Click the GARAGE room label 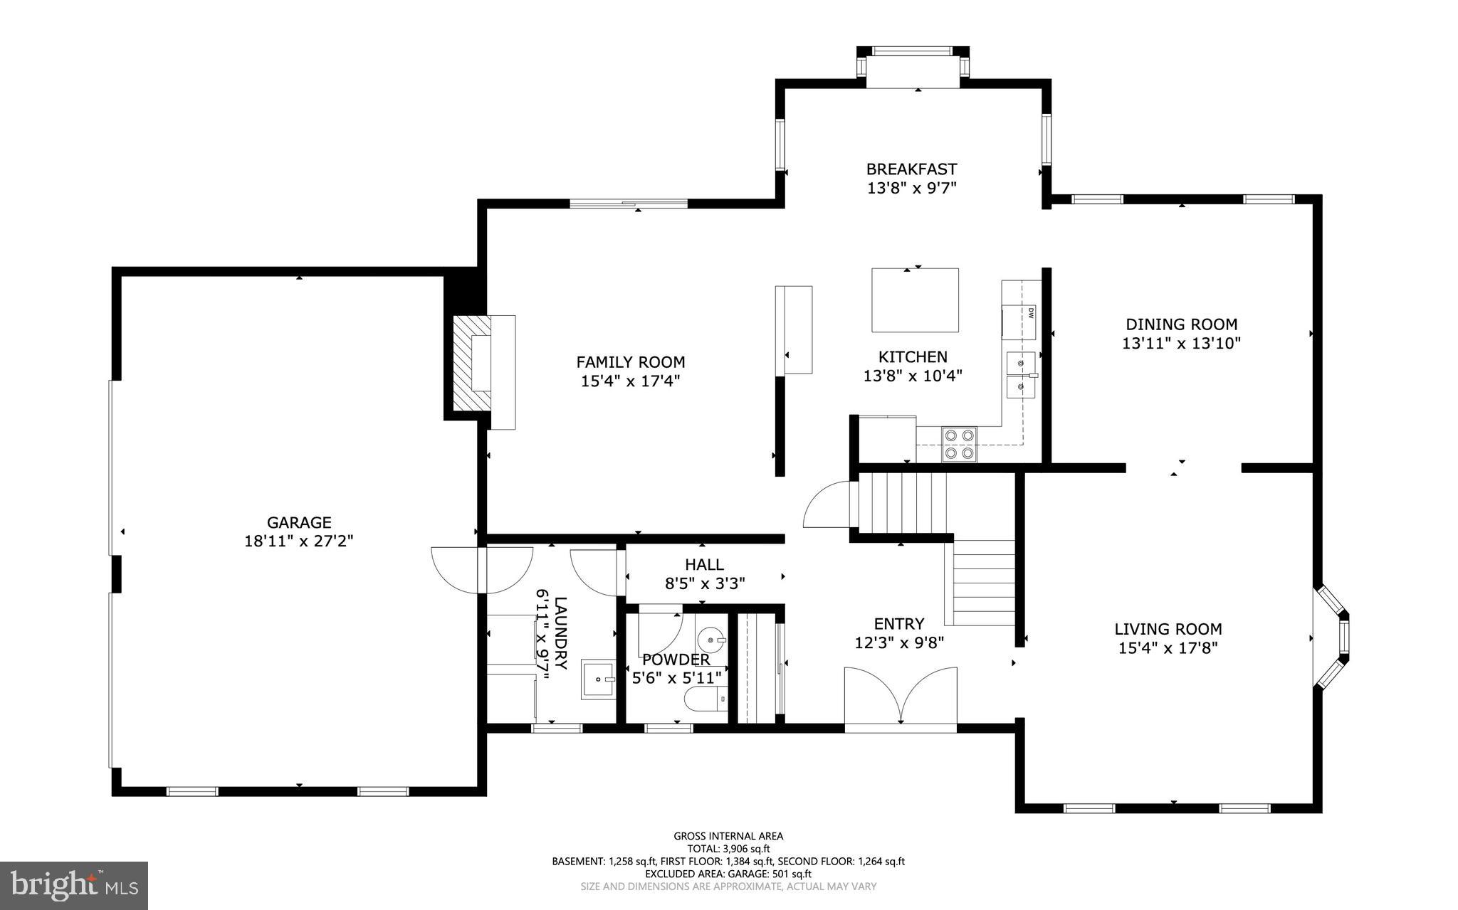(x=299, y=523)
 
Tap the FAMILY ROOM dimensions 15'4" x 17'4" (x=630, y=381)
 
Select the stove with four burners (x=960, y=444)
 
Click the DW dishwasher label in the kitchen (x=1030, y=312)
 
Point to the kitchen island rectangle (x=915, y=300)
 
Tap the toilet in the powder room (x=705, y=699)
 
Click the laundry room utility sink (x=598, y=679)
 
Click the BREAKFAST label (x=911, y=169)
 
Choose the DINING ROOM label (x=1181, y=324)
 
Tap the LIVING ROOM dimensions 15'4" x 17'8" (x=1168, y=648)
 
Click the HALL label (x=704, y=565)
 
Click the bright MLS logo (x=73, y=885)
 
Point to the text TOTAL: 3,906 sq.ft (x=728, y=849)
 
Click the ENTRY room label (x=898, y=624)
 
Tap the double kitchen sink (x=1021, y=374)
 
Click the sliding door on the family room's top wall (x=629, y=204)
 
